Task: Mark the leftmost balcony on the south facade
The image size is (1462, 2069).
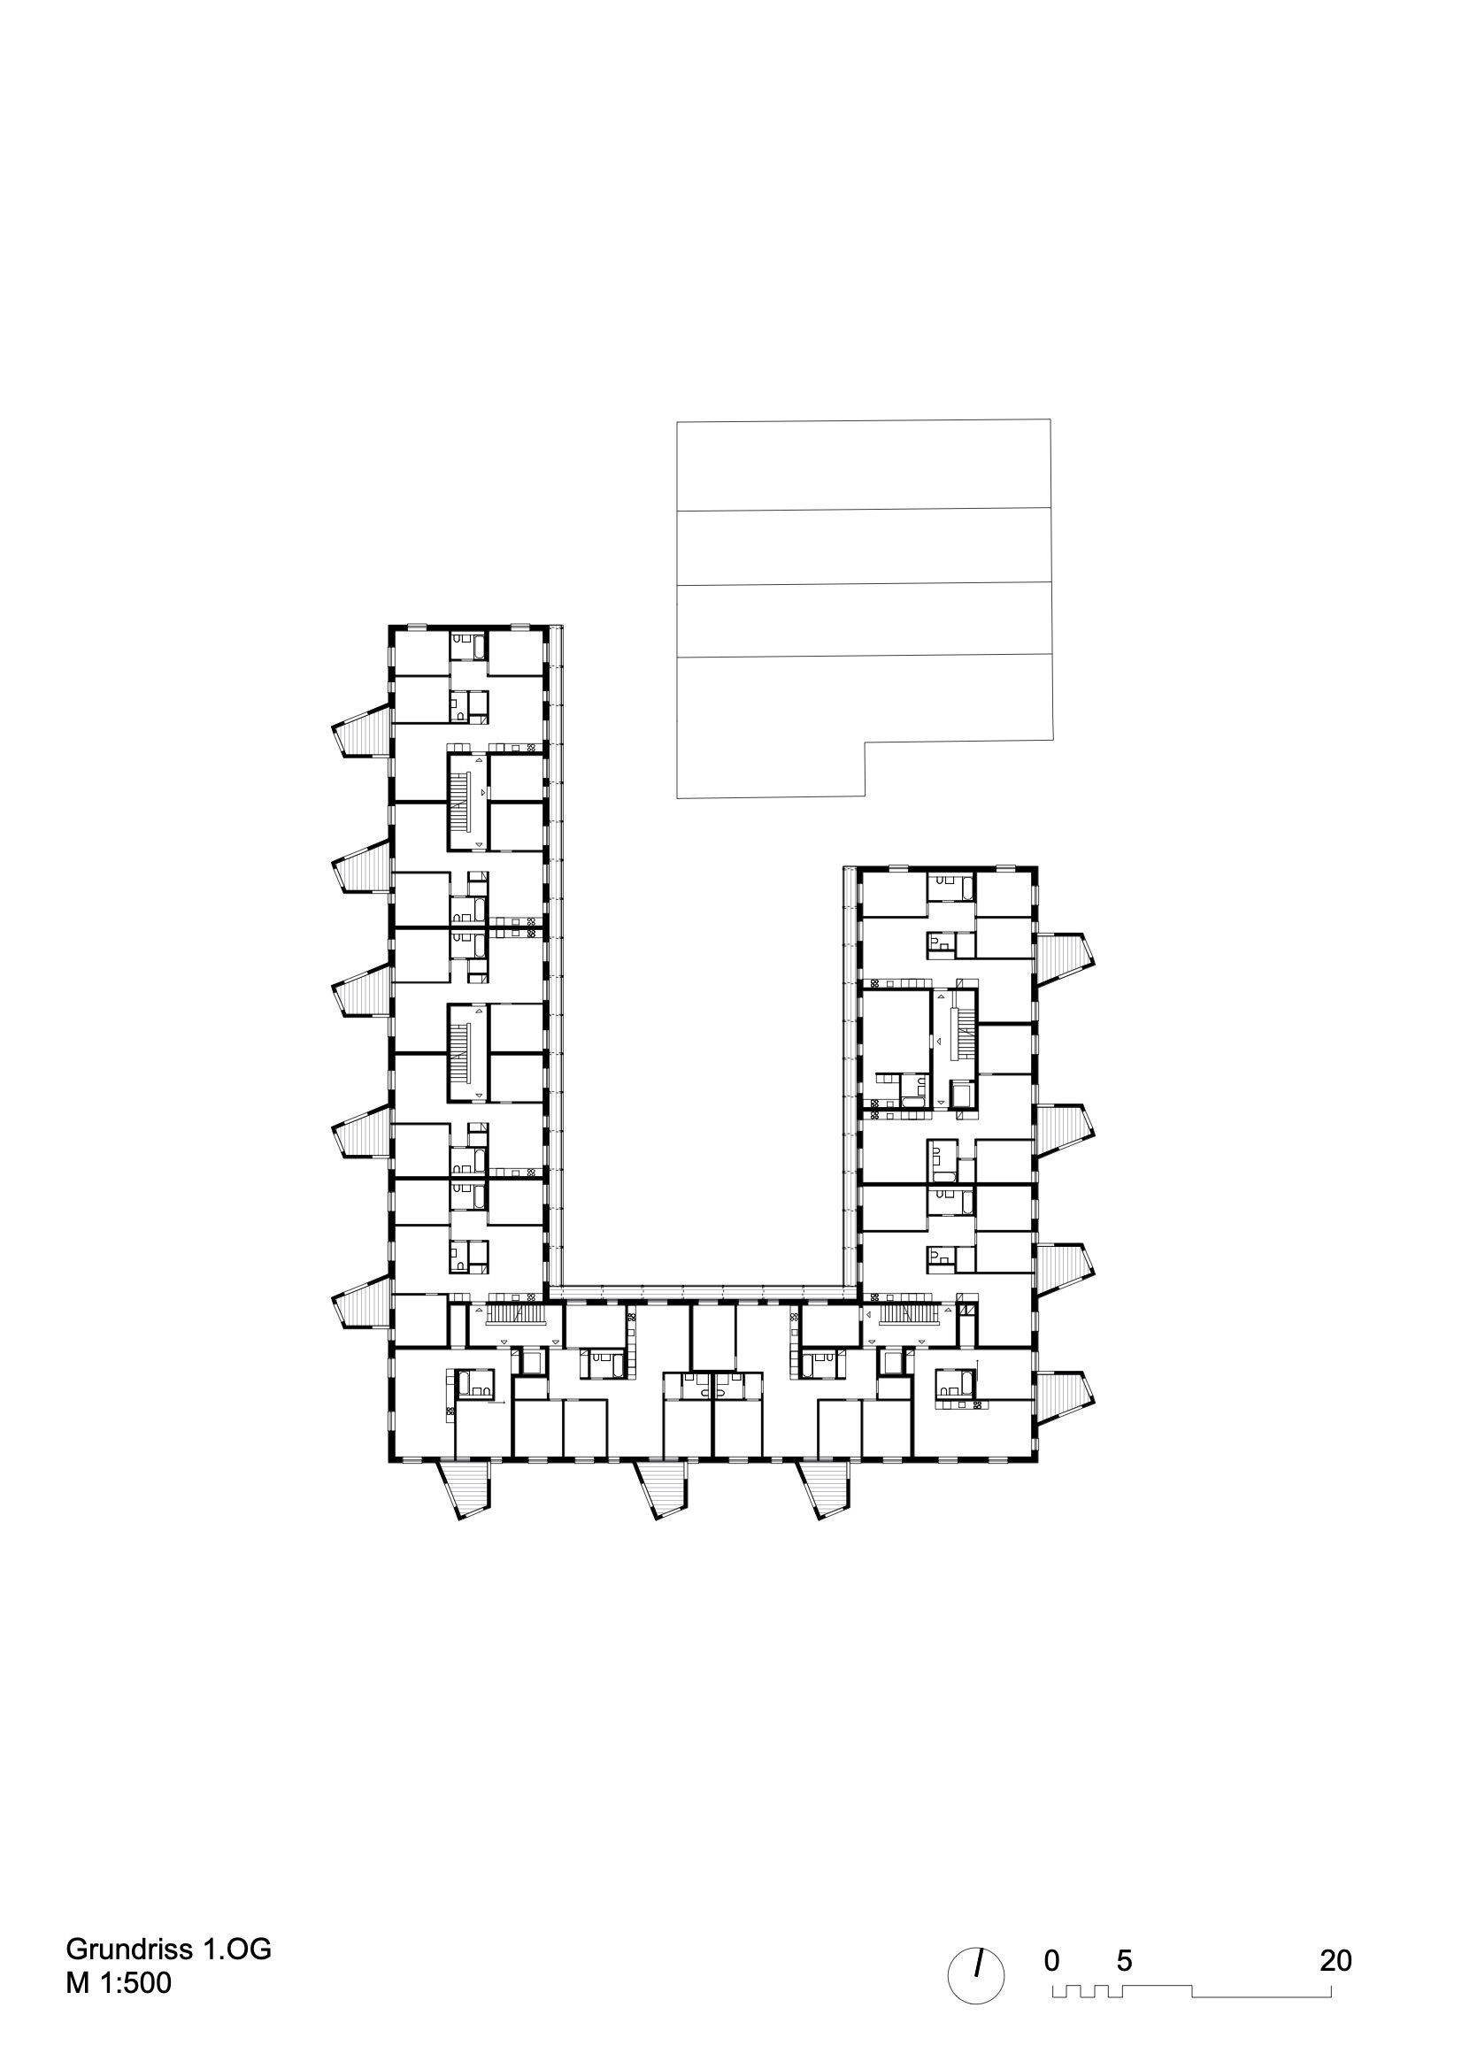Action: click(465, 1488)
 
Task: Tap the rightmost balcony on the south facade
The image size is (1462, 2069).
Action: click(822, 1488)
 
